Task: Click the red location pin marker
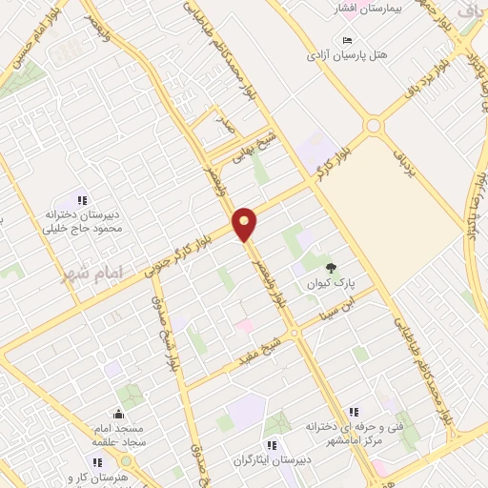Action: click(245, 224)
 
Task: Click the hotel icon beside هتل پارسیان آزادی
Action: click(347, 39)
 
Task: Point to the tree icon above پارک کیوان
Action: click(332, 268)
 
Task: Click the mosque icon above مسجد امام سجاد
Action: click(118, 413)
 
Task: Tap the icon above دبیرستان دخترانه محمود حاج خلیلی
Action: click(82, 200)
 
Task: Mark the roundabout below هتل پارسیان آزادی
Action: click(373, 125)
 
